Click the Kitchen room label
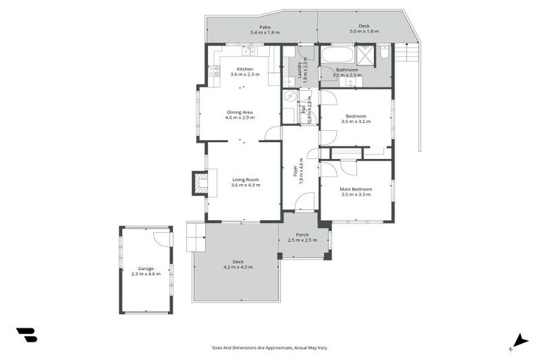(x=245, y=69)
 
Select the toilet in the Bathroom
(x=384, y=53)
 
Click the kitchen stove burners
(x=214, y=71)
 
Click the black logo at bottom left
(x=26, y=335)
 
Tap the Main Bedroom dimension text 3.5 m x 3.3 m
(x=356, y=194)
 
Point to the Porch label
(x=302, y=235)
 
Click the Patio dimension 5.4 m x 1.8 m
(x=264, y=33)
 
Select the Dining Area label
(x=239, y=112)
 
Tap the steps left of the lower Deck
(x=195, y=237)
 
